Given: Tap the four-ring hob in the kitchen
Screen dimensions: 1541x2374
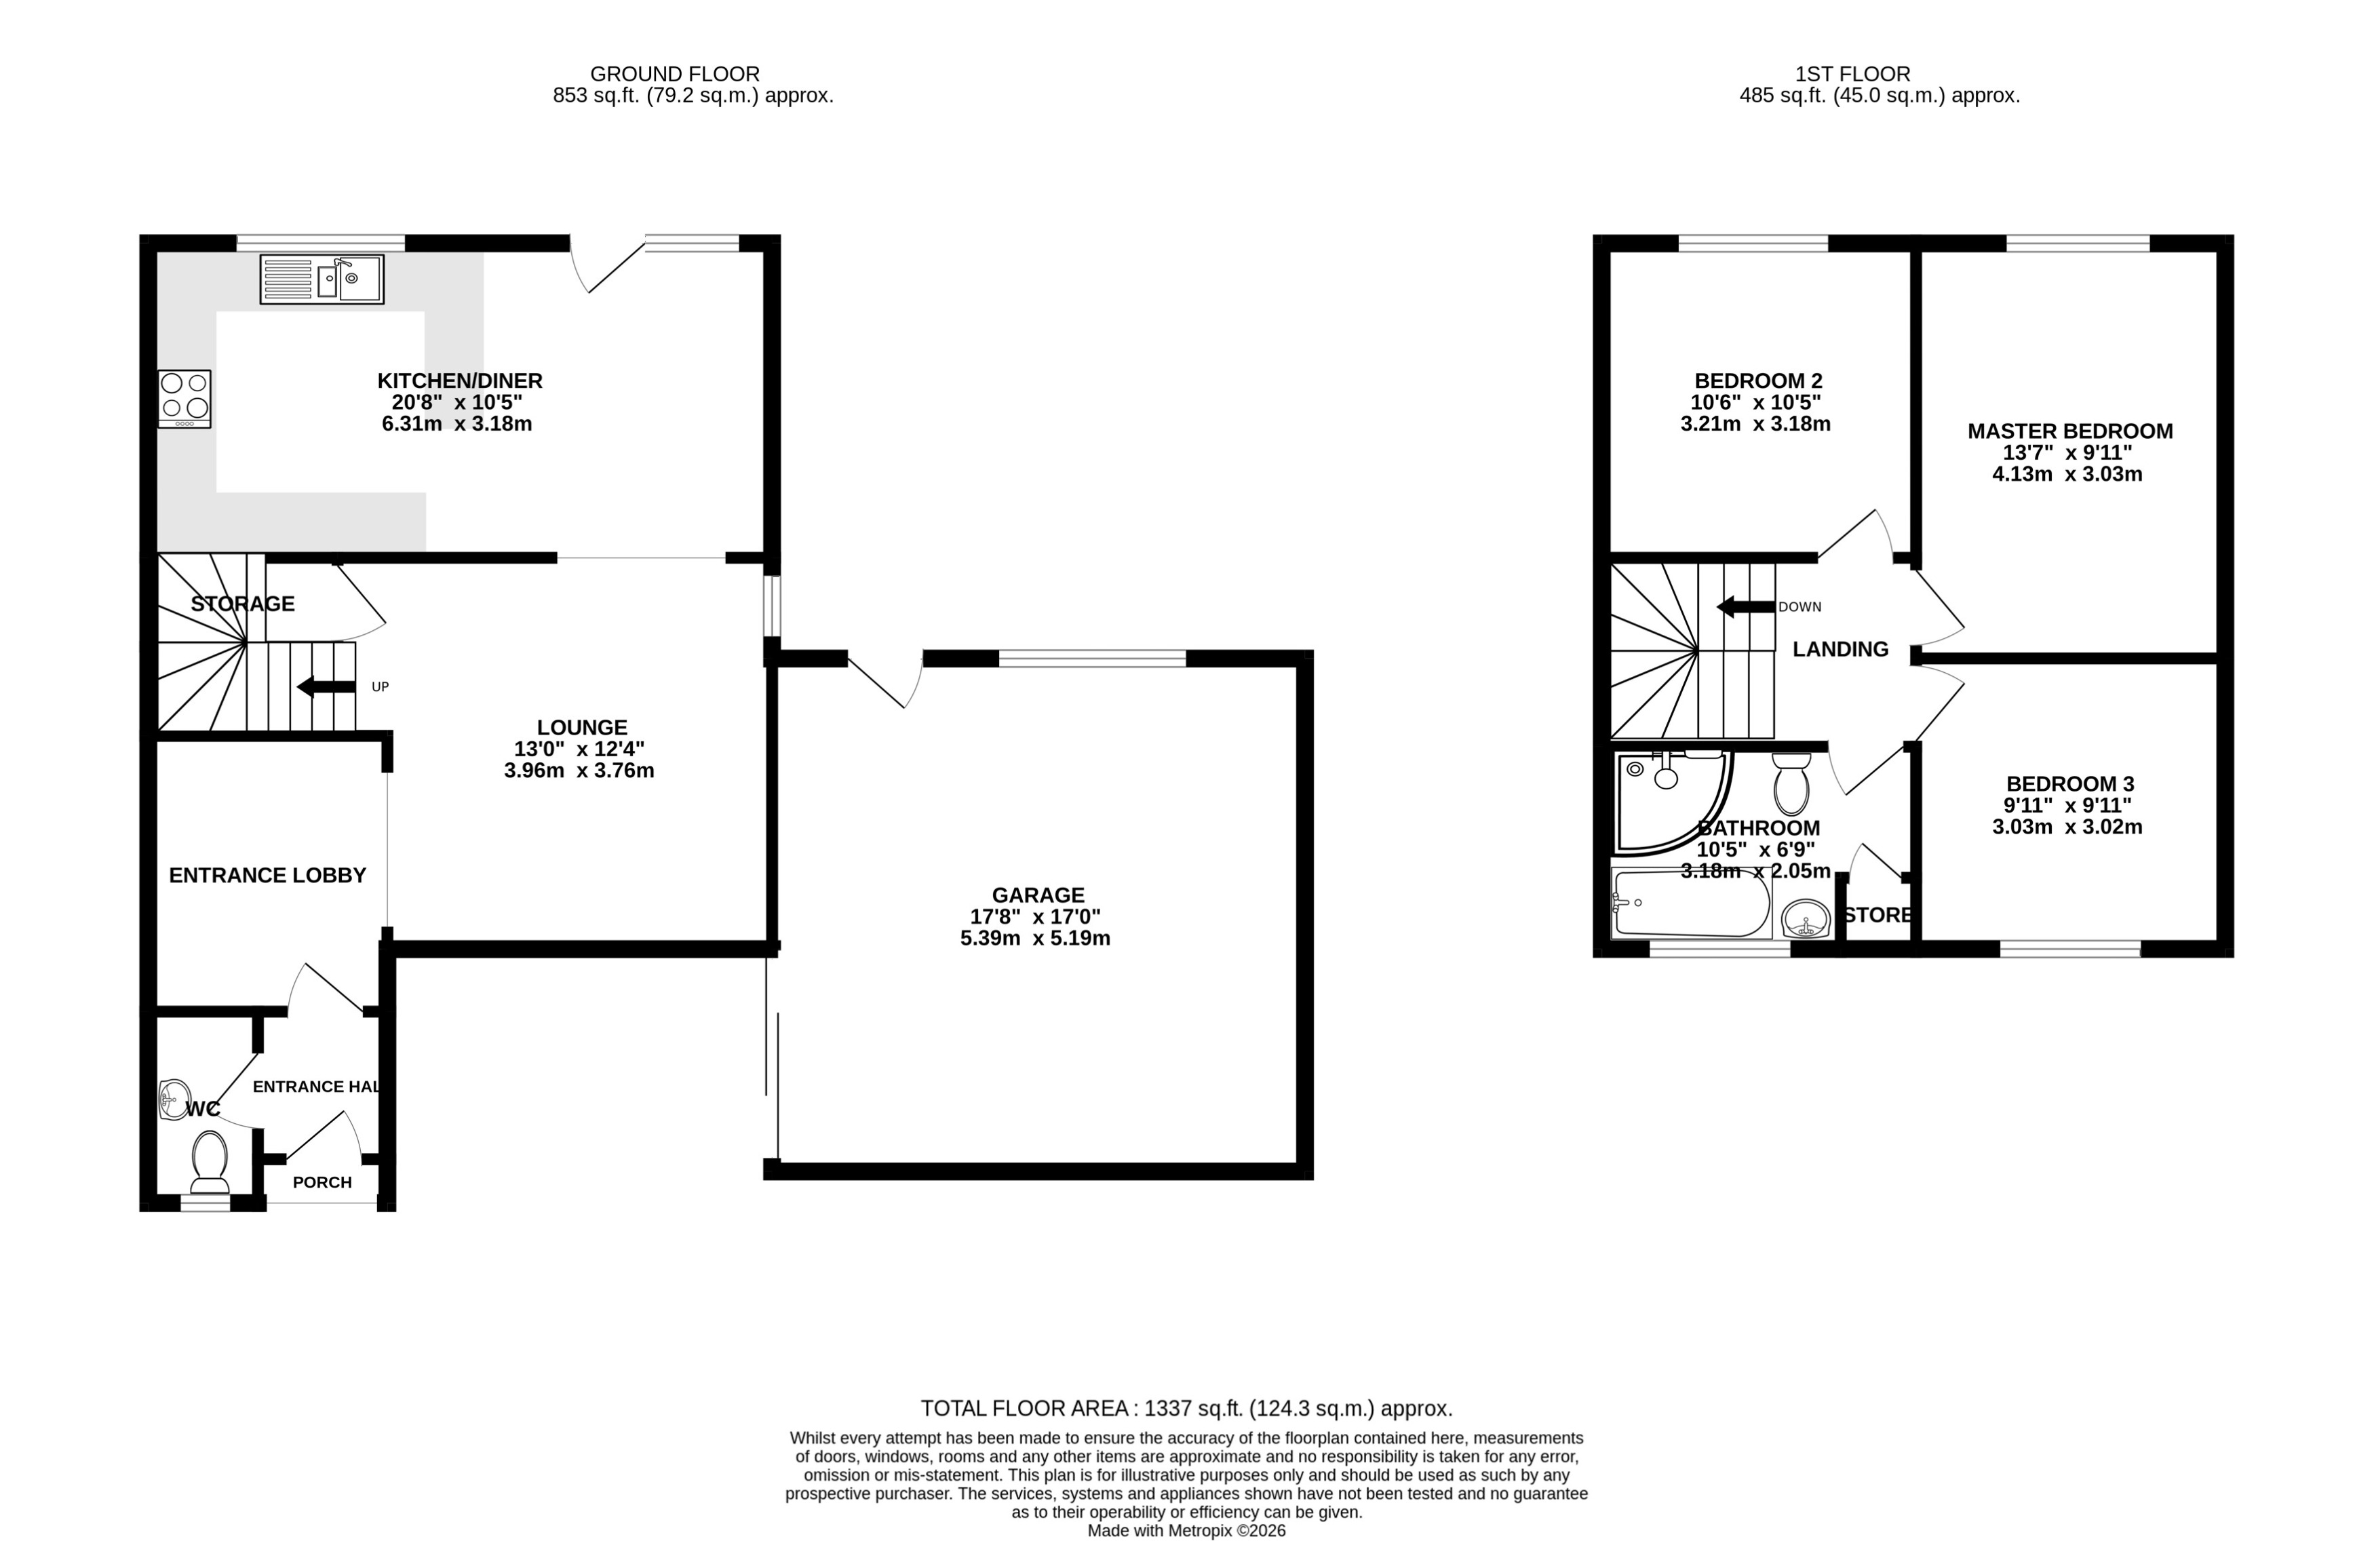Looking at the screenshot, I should point(184,399).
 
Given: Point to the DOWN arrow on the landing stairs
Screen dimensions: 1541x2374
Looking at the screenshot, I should point(1745,606).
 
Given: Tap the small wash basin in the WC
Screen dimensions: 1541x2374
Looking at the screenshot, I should point(174,1099).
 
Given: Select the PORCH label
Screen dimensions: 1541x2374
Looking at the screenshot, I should point(322,1182).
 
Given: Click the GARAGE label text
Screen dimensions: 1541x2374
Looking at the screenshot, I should point(1037,895).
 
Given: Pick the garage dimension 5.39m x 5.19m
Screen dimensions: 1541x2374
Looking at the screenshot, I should point(1034,937).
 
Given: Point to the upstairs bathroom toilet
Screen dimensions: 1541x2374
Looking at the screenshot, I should point(1791,785).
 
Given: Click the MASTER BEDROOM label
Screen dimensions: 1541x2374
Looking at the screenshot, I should point(2069,431).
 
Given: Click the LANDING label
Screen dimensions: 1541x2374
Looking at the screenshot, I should point(1840,649).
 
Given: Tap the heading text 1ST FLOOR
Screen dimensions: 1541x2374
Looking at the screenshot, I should point(1852,74).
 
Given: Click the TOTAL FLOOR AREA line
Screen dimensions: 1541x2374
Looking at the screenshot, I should point(1186,1408).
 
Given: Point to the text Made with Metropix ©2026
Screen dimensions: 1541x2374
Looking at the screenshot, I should point(1186,1530).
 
